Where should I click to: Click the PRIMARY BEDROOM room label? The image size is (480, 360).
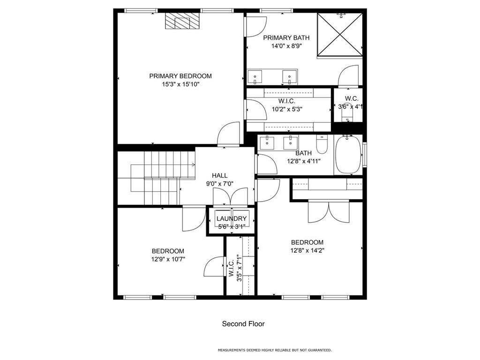click(180, 76)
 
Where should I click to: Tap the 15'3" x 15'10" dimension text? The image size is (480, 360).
click(180, 84)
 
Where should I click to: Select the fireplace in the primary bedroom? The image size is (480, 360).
click(182, 21)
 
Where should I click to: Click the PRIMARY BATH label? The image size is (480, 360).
click(286, 37)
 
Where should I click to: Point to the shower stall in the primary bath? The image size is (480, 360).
click(340, 35)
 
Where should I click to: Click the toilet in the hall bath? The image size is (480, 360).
click(322, 144)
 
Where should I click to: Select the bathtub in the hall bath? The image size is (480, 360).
click(349, 155)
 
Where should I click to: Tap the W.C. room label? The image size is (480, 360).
click(352, 98)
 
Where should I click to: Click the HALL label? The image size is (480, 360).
click(220, 175)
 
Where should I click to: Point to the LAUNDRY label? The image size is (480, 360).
click(232, 218)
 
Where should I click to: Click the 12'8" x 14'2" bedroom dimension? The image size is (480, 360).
click(307, 250)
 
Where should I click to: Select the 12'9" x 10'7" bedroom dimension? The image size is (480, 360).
click(168, 259)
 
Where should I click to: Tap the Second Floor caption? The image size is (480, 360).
click(243, 324)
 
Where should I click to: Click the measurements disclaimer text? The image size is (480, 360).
click(275, 350)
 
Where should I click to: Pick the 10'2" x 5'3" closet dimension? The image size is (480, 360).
click(287, 109)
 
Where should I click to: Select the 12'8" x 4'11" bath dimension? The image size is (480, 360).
click(304, 161)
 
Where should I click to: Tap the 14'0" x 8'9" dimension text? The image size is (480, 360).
click(286, 46)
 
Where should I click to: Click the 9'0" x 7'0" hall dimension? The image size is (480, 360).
click(220, 184)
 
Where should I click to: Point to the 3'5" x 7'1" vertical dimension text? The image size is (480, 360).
click(240, 269)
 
